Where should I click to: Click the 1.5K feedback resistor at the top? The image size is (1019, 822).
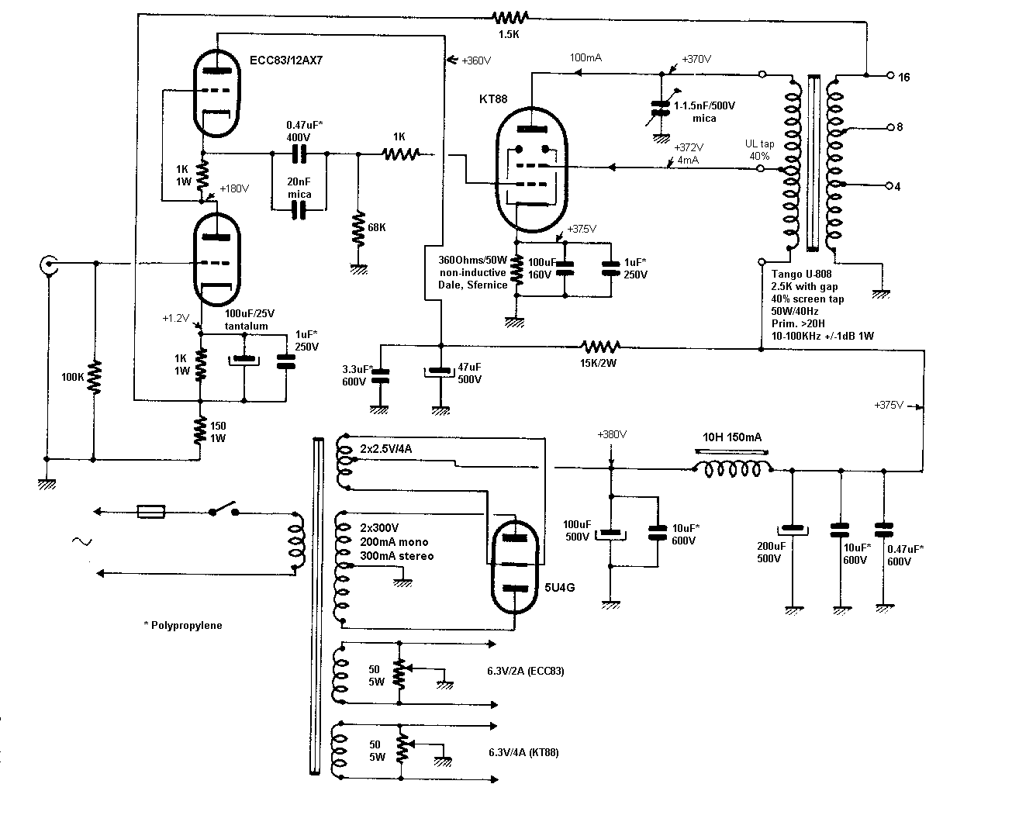[x=512, y=17]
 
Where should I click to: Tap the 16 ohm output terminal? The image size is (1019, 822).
[x=889, y=76]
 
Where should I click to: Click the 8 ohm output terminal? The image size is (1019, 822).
[x=889, y=126]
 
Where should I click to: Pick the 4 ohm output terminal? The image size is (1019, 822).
[x=889, y=185]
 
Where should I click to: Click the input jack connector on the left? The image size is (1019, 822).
[x=48, y=266]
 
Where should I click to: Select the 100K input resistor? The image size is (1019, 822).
[x=94, y=378]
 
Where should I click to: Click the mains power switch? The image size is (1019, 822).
[x=222, y=510]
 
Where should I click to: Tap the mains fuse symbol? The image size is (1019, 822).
[x=150, y=511]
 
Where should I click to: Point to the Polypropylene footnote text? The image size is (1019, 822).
[x=183, y=625]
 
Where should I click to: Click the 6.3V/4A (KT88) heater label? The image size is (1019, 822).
[x=524, y=752]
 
